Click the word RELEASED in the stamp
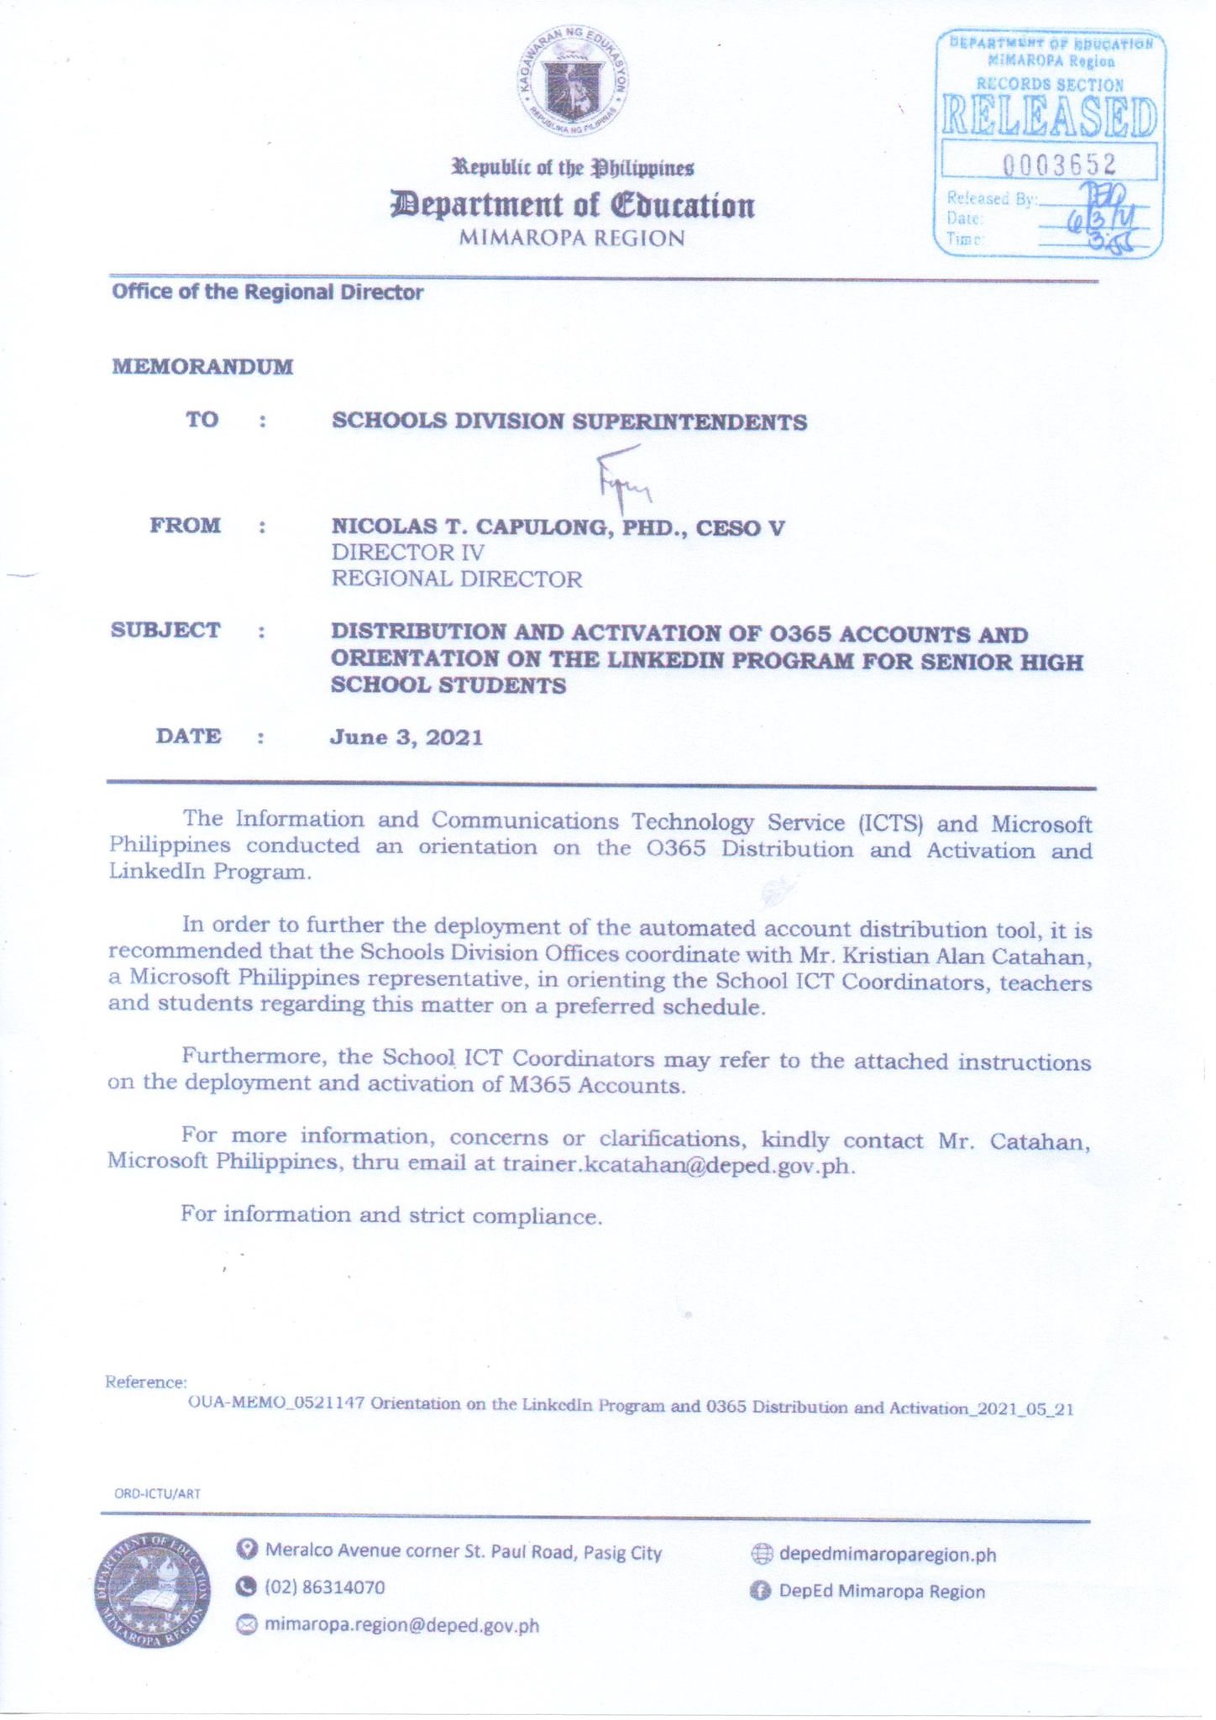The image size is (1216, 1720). (x=1049, y=117)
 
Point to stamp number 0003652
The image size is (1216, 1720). (x=1059, y=163)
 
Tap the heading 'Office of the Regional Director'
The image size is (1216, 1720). (x=267, y=292)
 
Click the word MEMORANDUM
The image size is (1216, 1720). (x=202, y=367)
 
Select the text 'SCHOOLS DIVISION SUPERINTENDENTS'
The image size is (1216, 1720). (x=569, y=421)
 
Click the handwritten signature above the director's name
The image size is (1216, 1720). (x=622, y=483)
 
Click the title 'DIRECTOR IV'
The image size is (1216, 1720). (x=407, y=553)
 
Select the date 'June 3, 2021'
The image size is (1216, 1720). (x=406, y=737)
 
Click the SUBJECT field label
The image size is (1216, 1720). (x=165, y=631)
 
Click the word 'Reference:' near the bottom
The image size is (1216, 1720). (x=145, y=1382)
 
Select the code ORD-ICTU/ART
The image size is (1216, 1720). (x=157, y=1493)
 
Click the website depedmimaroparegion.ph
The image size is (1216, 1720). (x=887, y=1555)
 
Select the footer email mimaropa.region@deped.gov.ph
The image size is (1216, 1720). (x=401, y=1626)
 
